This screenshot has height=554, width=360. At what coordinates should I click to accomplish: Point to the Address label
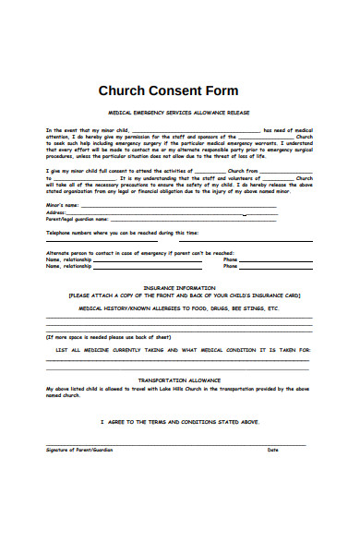coord(57,211)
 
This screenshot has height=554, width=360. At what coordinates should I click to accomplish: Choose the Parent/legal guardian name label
coord(77,219)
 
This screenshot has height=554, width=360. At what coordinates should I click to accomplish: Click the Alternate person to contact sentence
coord(139,252)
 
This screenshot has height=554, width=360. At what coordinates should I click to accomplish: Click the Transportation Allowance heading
coord(179,380)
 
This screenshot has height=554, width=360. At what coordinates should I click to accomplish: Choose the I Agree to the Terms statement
coord(179,420)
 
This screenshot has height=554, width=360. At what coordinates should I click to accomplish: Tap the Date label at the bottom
coord(272,451)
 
